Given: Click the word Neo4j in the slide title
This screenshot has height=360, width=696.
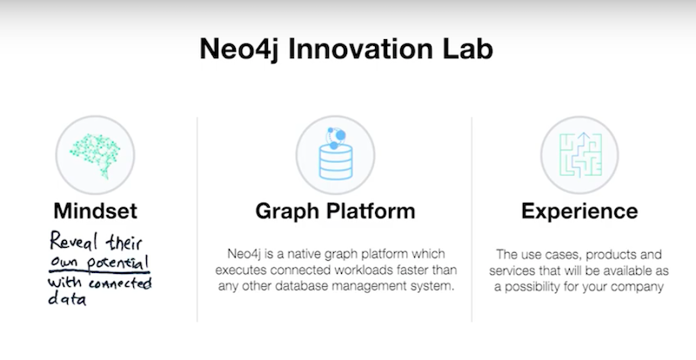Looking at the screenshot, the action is tap(240, 50).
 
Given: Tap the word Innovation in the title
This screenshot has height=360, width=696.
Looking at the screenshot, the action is tap(360, 48).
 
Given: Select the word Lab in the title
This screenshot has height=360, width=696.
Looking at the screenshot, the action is tap(468, 48).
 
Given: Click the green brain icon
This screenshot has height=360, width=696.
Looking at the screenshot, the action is tap(95, 156).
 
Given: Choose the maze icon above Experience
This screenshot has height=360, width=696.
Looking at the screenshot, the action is tap(580, 156).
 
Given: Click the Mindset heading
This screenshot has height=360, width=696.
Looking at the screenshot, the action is tap(96, 210).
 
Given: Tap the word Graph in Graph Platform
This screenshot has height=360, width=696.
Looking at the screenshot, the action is tap(284, 211).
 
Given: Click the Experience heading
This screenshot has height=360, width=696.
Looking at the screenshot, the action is tap(579, 211).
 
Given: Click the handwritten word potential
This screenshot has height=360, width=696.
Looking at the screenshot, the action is tap(118, 263).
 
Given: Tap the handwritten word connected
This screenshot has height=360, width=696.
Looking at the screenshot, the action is tap(120, 283).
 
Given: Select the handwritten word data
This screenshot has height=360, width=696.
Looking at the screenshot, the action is tap(67, 298).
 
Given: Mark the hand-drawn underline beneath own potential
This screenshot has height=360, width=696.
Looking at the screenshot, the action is tap(99, 271).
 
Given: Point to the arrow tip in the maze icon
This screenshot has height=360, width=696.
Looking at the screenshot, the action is tap(584, 133).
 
